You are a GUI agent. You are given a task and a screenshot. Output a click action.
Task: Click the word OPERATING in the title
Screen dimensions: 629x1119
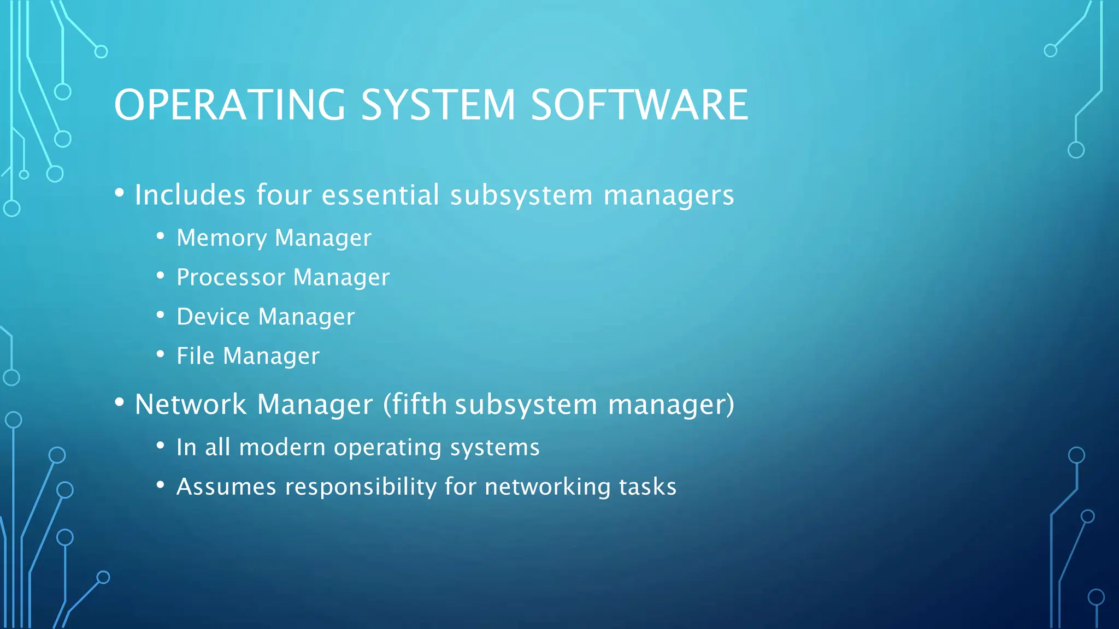[x=229, y=105]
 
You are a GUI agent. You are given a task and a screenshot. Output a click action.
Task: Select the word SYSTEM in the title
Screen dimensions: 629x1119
[x=438, y=105]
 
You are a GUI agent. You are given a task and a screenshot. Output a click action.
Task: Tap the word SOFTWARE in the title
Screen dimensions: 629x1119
[x=639, y=105]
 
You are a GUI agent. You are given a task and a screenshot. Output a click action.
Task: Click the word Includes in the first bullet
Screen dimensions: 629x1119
[x=190, y=195]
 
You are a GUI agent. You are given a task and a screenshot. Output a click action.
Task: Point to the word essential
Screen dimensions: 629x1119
[x=380, y=195]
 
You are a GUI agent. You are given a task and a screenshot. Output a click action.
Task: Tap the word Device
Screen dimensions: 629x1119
[x=213, y=317]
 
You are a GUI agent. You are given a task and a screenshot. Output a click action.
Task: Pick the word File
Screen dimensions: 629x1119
[x=195, y=356]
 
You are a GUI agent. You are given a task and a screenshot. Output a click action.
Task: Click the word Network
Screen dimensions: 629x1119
[x=190, y=405]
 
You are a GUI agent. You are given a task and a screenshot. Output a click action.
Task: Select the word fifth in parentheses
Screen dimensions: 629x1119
[x=419, y=405]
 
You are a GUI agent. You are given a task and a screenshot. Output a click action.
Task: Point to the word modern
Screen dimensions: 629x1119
[x=282, y=448]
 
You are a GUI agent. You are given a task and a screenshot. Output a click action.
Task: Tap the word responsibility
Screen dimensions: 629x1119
[x=361, y=486]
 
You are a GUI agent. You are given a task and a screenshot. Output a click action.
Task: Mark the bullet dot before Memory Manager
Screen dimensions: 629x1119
[x=160, y=236]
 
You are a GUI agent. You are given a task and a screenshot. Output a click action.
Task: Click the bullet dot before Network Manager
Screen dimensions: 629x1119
[x=120, y=402]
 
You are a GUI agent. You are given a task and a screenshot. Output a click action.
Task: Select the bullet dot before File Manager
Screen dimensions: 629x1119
[x=160, y=354]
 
